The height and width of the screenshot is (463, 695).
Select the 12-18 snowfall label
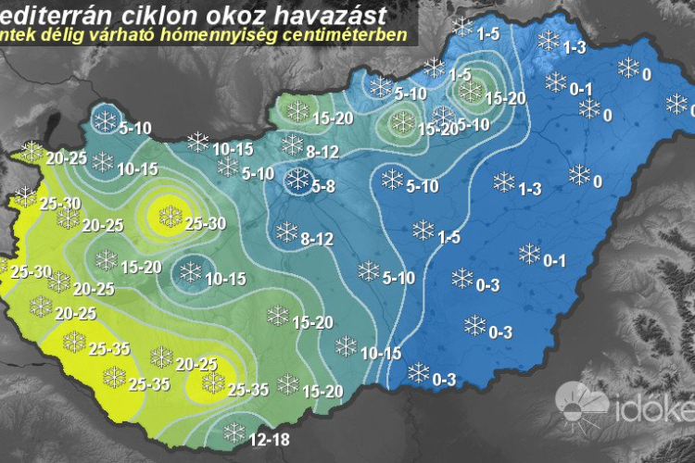[x=269, y=439]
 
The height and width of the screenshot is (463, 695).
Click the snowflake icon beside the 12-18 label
[x=234, y=432]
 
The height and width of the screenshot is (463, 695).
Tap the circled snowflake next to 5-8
[x=299, y=181]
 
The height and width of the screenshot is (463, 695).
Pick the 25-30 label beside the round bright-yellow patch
[x=206, y=223]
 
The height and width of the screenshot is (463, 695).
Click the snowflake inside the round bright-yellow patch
[x=170, y=217]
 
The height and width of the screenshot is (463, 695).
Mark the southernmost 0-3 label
[x=444, y=379]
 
